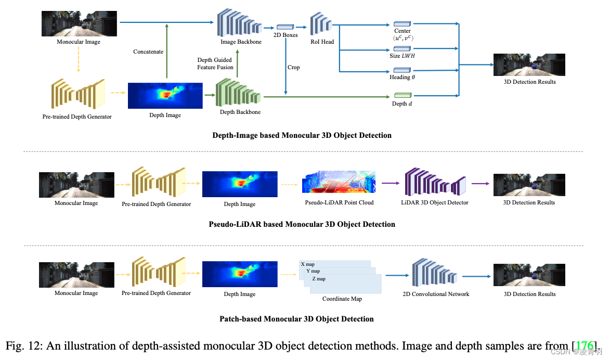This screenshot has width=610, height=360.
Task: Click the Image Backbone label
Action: click(x=241, y=42)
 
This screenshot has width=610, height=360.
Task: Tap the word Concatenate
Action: click(x=148, y=52)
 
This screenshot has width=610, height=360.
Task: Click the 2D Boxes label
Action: click(x=285, y=35)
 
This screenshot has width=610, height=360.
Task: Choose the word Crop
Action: click(x=294, y=67)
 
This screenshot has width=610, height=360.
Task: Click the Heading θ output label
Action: click(x=403, y=77)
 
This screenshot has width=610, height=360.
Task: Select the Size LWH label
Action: click(x=403, y=56)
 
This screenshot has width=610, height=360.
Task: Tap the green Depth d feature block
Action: click(x=403, y=95)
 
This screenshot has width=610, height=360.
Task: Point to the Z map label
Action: click(x=319, y=279)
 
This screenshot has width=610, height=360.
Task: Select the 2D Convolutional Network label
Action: click(x=435, y=294)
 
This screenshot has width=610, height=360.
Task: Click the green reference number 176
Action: click(x=586, y=346)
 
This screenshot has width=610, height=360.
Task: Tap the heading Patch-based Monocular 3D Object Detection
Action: click(x=296, y=318)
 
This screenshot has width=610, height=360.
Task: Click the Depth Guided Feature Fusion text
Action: click(x=214, y=63)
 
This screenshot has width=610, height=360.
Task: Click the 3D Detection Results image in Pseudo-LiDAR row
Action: click(x=529, y=184)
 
